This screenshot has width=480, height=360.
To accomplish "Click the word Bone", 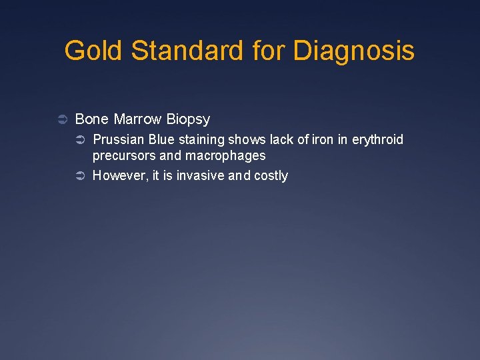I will tap(92, 119).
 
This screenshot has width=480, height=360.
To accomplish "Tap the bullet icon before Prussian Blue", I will tap(80, 140).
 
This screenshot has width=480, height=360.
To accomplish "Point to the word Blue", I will tap(162, 139).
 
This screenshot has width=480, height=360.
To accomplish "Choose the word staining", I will tap(202, 140).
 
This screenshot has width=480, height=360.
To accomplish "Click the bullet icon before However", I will tap(80, 176).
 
